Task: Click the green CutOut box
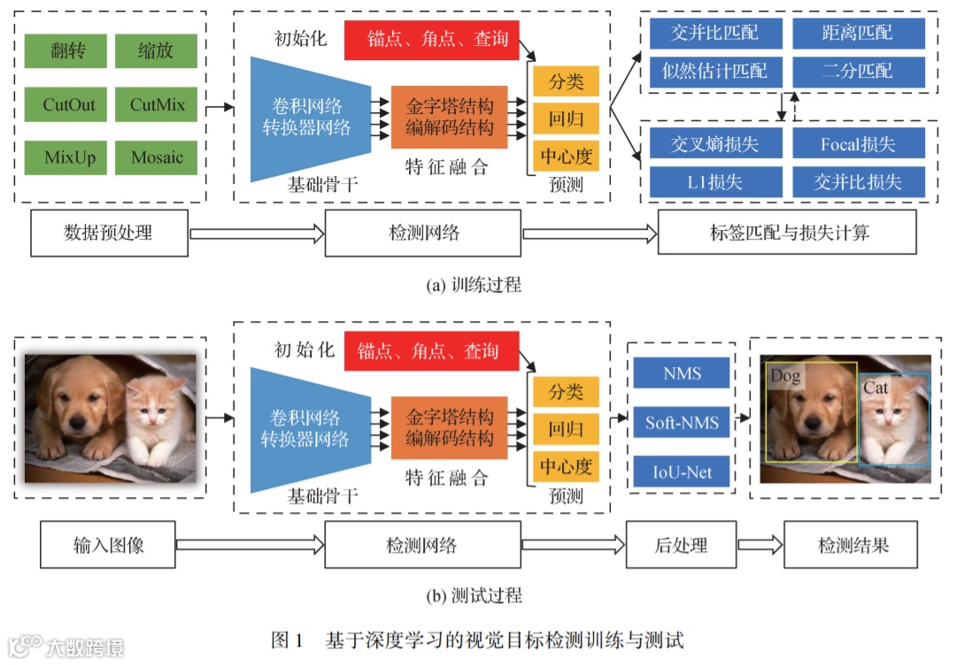tap(69, 105)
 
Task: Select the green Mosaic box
tap(158, 158)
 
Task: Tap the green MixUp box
tap(69, 158)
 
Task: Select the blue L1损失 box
tap(715, 182)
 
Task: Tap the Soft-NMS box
tap(682, 423)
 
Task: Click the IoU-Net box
tap(682, 471)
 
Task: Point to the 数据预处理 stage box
tap(109, 233)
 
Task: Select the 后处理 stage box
tap(681, 545)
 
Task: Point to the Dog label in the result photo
tap(785, 376)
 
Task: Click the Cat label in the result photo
tap(875, 387)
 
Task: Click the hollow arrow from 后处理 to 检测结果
tap(760, 545)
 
